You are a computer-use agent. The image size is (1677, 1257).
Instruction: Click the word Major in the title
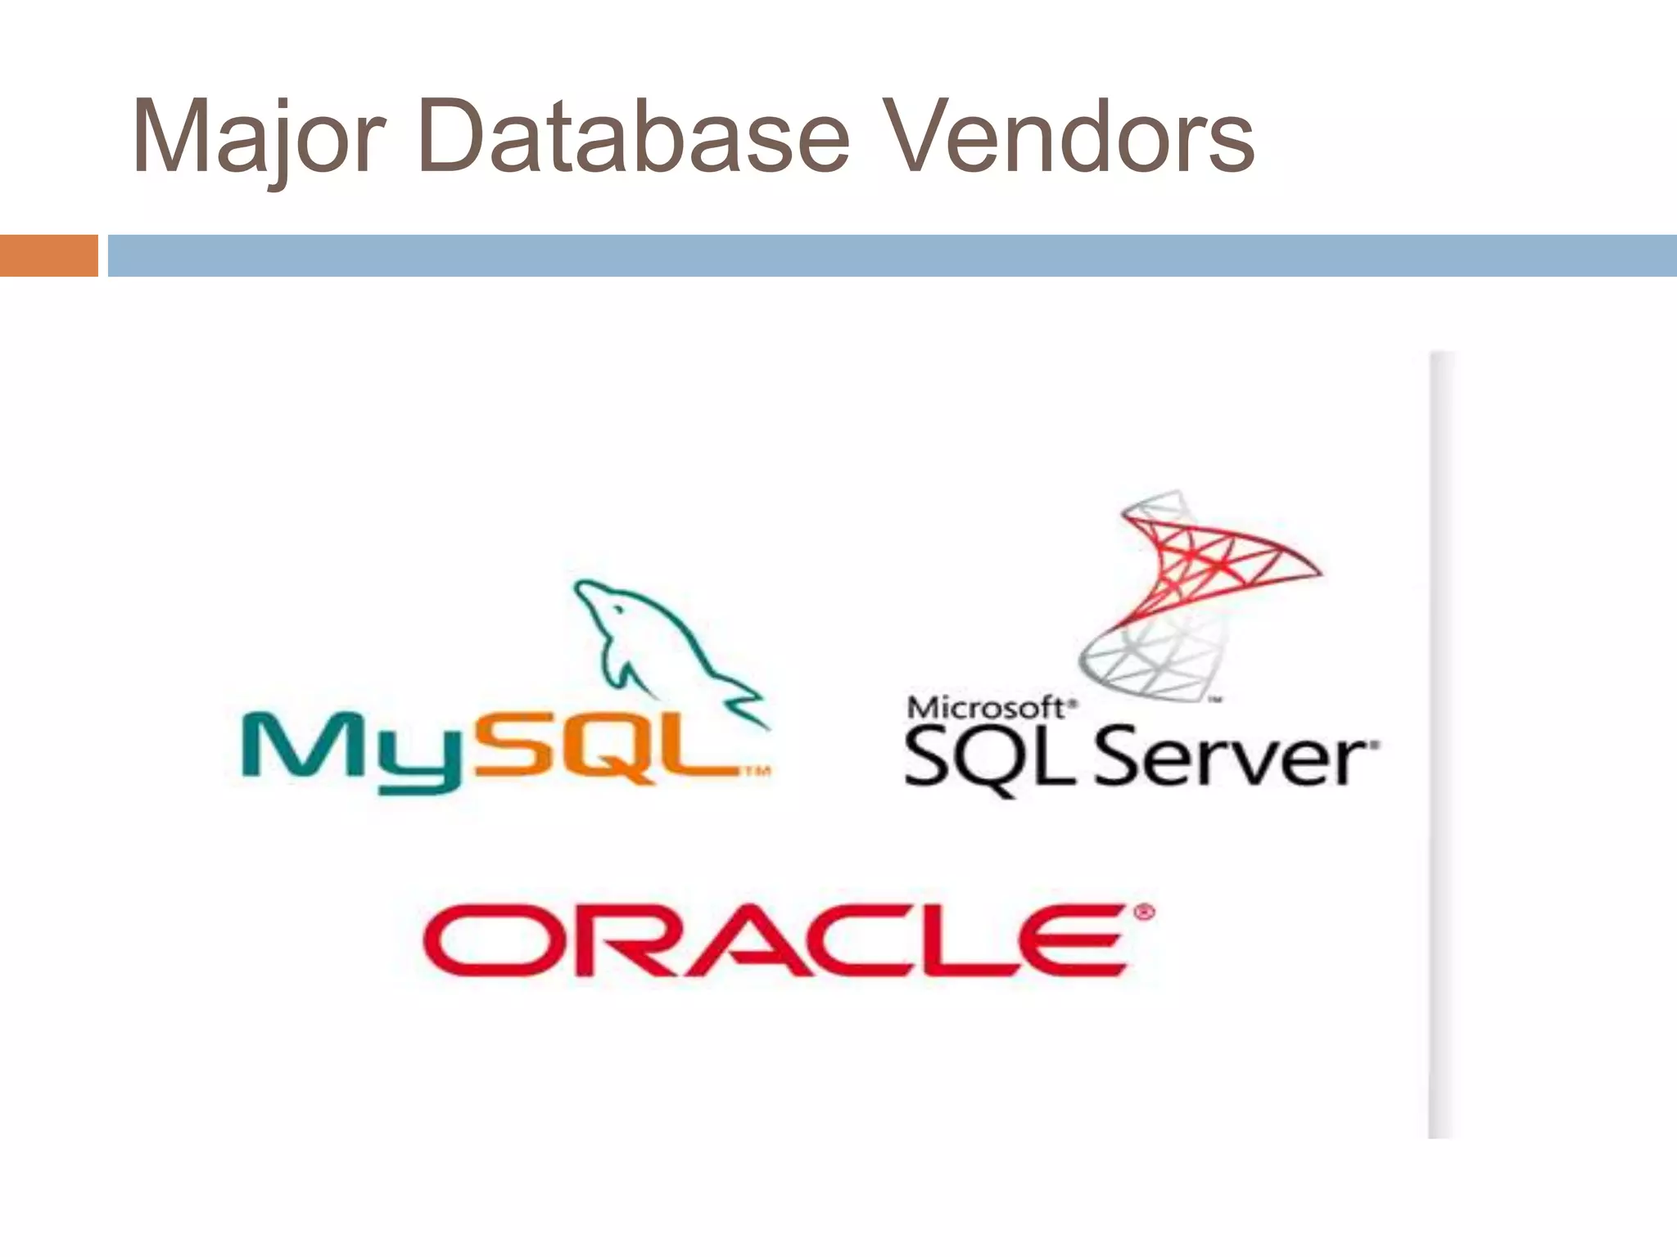click(x=258, y=136)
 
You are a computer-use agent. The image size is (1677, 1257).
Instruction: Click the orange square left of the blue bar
click(x=48, y=255)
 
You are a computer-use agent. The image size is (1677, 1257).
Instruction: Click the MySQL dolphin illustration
click(x=655, y=647)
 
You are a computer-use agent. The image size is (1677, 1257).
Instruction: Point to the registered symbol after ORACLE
click(x=1144, y=912)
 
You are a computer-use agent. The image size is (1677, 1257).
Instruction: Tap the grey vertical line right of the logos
click(x=1440, y=745)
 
